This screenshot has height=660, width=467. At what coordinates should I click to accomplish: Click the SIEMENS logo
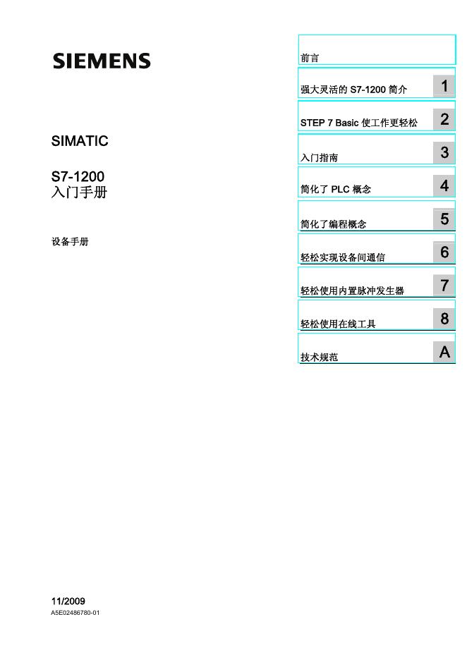pyautogui.click(x=102, y=61)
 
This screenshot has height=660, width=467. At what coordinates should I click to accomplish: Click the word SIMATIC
pyautogui.click(x=80, y=141)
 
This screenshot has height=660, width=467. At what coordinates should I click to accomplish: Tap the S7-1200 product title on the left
pyautogui.click(x=78, y=176)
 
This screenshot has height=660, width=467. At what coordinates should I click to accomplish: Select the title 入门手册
pyautogui.click(x=79, y=191)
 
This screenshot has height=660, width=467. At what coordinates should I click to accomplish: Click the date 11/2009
pyautogui.click(x=68, y=601)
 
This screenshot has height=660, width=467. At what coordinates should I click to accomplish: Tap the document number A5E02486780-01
pyautogui.click(x=75, y=613)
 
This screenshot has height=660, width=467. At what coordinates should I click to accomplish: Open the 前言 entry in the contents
pyautogui.click(x=310, y=58)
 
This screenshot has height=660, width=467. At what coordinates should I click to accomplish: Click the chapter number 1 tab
pyautogui.click(x=444, y=86)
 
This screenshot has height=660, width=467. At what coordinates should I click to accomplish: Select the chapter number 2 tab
pyautogui.click(x=444, y=119)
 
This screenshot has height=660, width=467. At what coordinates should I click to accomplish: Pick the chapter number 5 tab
pyautogui.click(x=444, y=219)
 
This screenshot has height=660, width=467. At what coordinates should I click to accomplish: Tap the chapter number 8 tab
pyautogui.click(x=444, y=319)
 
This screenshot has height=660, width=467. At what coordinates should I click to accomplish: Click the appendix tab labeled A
pyautogui.click(x=444, y=352)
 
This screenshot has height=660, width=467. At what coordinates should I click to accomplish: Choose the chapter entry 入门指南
pyautogui.click(x=319, y=158)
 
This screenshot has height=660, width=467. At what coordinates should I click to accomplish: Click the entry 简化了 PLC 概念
pyautogui.click(x=336, y=190)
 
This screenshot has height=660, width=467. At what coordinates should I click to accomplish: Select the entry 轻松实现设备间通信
pyautogui.click(x=343, y=257)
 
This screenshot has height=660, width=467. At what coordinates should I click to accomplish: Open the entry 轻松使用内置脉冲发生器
pyautogui.click(x=352, y=291)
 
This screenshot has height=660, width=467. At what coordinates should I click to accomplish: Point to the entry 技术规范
pyautogui.click(x=319, y=357)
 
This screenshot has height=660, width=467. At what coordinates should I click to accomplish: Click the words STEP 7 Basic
pyautogui.click(x=329, y=123)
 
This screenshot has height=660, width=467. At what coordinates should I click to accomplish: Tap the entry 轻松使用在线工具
pyautogui.click(x=338, y=324)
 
